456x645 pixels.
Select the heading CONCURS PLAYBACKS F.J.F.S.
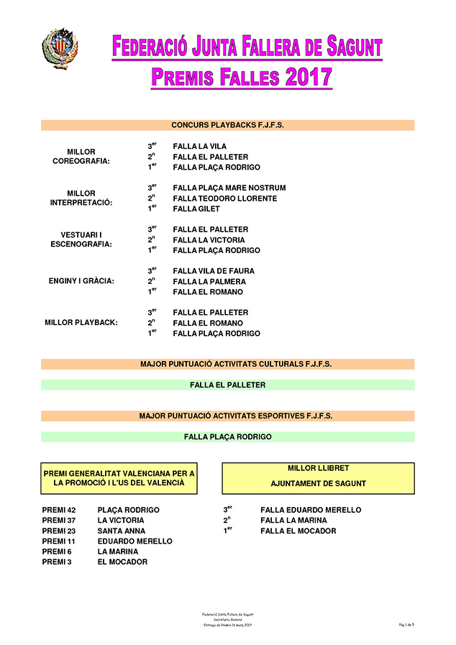pos(227,125)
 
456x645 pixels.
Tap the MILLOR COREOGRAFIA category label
pos(81,157)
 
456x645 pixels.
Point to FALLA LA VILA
pos(199,147)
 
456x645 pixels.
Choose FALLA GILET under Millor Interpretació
pos(196,209)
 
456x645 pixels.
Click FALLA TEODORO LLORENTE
pos(224,198)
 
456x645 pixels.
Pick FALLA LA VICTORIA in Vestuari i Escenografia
pos(209,240)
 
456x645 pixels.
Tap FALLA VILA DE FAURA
pos(214,271)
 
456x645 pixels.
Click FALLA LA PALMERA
pos(209,282)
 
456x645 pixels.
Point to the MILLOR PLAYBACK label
pos(81,323)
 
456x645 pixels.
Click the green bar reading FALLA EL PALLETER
pos(227,385)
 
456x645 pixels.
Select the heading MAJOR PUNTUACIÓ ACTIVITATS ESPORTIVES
pos(227,416)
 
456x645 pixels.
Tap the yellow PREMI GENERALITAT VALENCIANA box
pos(119,478)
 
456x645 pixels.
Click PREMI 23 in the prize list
pos(59,531)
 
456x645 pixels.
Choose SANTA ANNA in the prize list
pos(121,531)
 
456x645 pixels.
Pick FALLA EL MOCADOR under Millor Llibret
pos(298,531)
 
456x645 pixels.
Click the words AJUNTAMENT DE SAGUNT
pos(318,484)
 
